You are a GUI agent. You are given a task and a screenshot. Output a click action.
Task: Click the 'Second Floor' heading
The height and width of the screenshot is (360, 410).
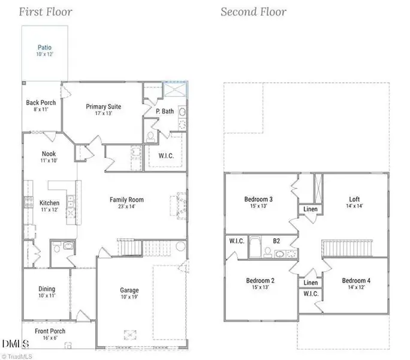click(253, 11)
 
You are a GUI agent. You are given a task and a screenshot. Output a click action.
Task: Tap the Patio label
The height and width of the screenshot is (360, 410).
click(44, 47)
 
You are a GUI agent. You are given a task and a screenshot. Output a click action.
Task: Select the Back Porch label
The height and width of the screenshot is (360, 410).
click(41, 103)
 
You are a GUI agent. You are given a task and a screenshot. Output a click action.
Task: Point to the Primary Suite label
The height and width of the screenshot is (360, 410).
click(103, 106)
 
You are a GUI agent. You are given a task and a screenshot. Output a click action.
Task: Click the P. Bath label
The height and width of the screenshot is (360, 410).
click(165, 111)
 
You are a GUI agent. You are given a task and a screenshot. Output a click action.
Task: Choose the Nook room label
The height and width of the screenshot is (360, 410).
click(49, 154)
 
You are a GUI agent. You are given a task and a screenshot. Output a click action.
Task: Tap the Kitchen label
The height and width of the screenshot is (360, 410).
click(49, 203)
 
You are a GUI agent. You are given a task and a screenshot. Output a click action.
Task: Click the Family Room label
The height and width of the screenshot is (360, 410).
click(126, 200)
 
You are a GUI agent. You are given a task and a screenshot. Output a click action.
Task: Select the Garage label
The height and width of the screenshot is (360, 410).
click(129, 290)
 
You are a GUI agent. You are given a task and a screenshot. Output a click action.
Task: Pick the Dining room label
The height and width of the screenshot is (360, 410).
click(47, 289)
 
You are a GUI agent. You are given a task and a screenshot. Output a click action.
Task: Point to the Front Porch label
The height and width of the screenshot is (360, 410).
click(50, 331)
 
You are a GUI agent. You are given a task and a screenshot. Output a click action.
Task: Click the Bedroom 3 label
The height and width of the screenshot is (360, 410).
click(259, 199)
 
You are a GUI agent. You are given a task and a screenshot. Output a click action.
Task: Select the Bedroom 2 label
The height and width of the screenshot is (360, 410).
click(260, 281)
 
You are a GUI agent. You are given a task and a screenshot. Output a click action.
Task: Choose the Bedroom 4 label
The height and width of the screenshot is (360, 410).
click(356, 281)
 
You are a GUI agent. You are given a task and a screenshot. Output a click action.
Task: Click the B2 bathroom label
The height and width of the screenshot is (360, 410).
click(276, 241)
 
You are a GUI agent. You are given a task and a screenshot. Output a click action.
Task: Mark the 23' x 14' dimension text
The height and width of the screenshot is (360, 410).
click(126, 207)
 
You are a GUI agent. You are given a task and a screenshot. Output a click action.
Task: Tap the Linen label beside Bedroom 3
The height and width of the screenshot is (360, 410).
click(310, 209)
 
